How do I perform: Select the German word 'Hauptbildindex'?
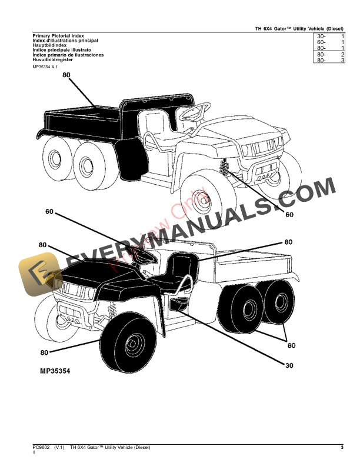(50, 45)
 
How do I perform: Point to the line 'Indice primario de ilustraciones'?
(68, 55)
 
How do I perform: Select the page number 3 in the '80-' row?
(342, 61)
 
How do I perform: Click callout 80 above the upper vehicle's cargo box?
(65, 75)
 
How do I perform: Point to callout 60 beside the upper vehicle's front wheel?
(289, 215)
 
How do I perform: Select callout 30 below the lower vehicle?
(288, 365)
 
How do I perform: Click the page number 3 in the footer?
(342, 448)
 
